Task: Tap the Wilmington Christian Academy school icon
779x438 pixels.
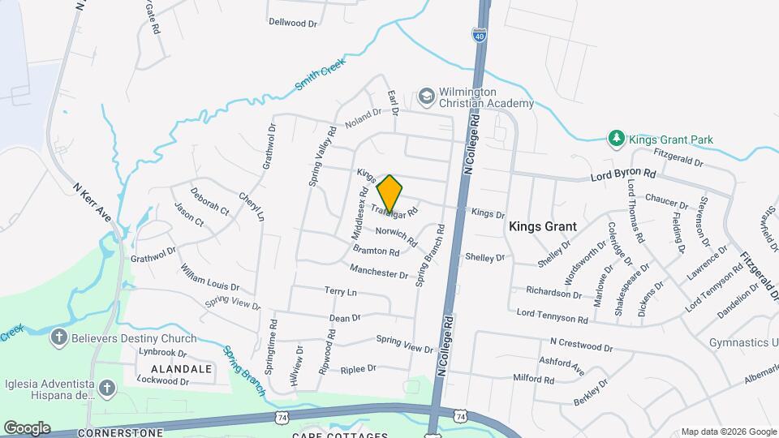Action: pyautogui.click(x=426, y=97)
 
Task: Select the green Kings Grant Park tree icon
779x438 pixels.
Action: pyautogui.click(x=617, y=139)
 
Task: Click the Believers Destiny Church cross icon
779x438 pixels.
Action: pyautogui.click(x=58, y=338)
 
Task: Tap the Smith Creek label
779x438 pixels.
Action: pyautogui.click(x=321, y=75)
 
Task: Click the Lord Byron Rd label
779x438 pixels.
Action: pyautogui.click(x=622, y=174)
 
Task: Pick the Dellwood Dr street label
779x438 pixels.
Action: pyautogui.click(x=293, y=23)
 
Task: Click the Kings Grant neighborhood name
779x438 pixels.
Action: pyautogui.click(x=542, y=227)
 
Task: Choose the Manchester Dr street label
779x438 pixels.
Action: pyautogui.click(x=380, y=272)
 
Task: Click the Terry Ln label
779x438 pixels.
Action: pyautogui.click(x=341, y=291)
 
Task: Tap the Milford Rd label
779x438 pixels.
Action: pyautogui.click(x=533, y=379)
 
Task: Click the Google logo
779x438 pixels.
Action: pyautogui.click(x=27, y=427)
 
